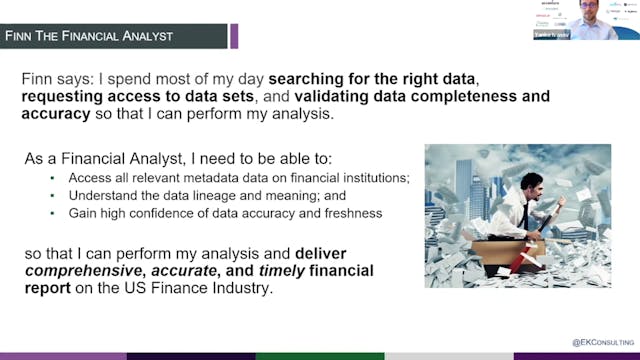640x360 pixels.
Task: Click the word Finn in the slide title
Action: click(23, 36)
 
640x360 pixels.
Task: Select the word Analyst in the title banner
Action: click(149, 36)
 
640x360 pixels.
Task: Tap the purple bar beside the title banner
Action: click(234, 36)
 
